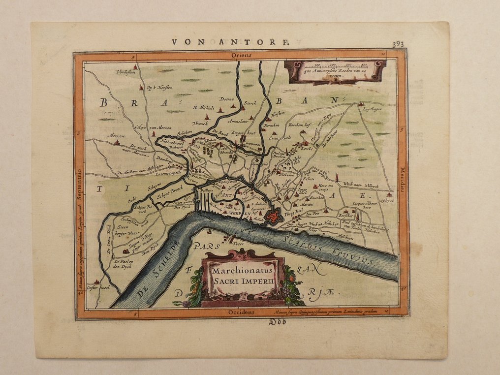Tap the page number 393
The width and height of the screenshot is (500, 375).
point(398,44)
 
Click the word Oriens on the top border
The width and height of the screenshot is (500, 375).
point(242,56)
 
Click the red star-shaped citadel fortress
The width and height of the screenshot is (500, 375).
point(272,215)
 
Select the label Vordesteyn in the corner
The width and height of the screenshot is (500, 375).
point(125,72)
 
